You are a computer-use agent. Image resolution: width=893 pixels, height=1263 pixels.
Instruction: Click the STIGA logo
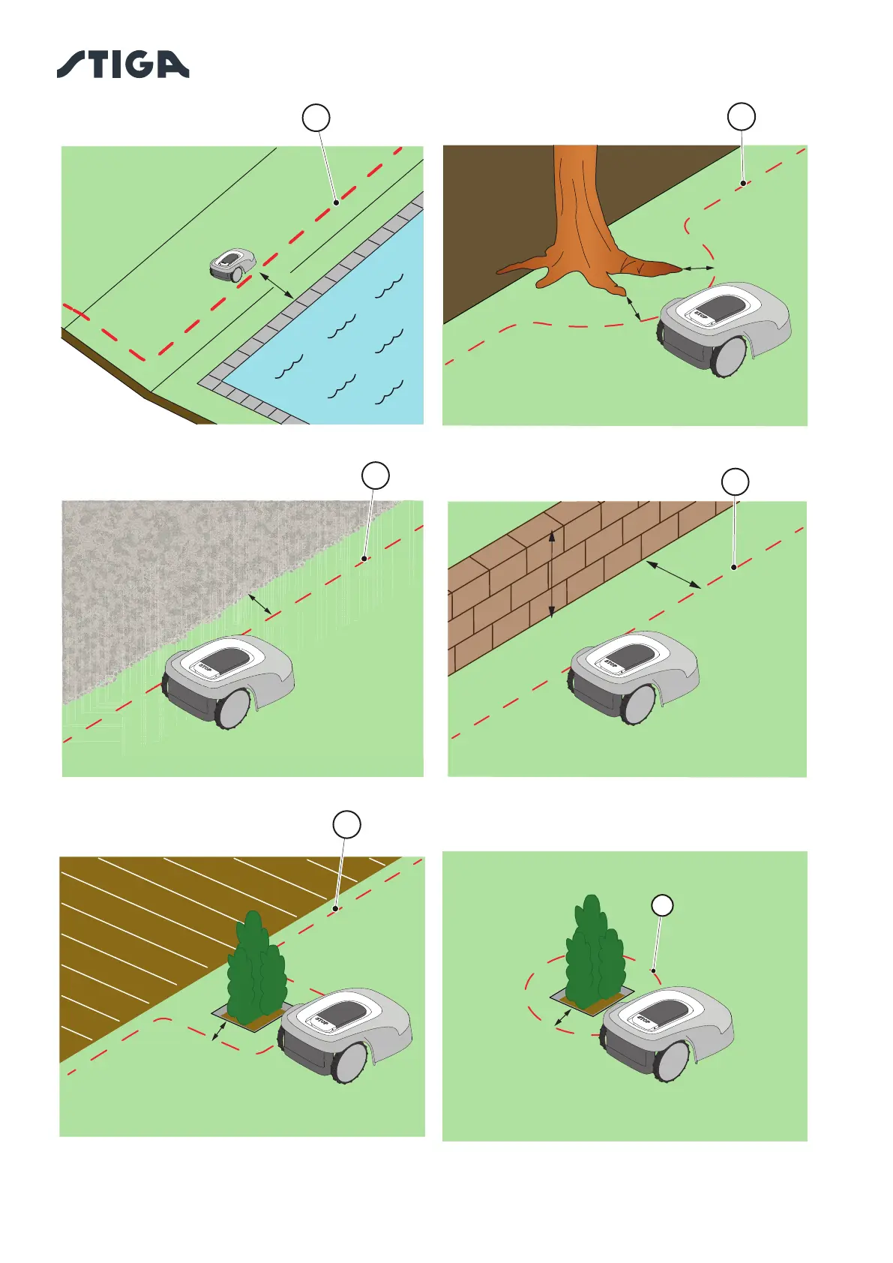pos(123,64)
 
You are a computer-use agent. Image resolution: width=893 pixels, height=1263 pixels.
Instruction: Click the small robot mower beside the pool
pos(232,265)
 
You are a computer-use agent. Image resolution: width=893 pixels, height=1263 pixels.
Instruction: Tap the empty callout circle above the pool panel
pos(316,118)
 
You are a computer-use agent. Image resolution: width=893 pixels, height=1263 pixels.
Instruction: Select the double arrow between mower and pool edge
pos(277,286)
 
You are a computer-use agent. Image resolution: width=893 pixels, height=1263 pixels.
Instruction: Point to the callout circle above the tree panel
pos(742,116)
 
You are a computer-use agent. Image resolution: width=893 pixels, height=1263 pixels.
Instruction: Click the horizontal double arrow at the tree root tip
pos(698,268)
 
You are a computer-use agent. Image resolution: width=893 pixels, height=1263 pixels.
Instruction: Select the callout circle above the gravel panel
pos(376,475)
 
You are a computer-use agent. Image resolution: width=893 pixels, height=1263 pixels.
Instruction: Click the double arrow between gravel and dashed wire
pos(260,604)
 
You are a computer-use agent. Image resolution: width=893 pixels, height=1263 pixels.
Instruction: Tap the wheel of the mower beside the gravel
pos(234,709)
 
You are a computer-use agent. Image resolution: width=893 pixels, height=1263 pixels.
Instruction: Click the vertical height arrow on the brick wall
pos(552,574)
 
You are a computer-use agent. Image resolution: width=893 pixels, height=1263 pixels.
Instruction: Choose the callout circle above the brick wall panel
pos(735,481)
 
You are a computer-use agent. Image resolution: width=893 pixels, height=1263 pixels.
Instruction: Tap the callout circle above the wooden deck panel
pos(346,824)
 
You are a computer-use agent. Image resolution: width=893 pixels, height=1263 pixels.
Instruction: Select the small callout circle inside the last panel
pos(661,905)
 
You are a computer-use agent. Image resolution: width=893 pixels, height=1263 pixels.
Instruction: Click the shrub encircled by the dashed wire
pos(595,952)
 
